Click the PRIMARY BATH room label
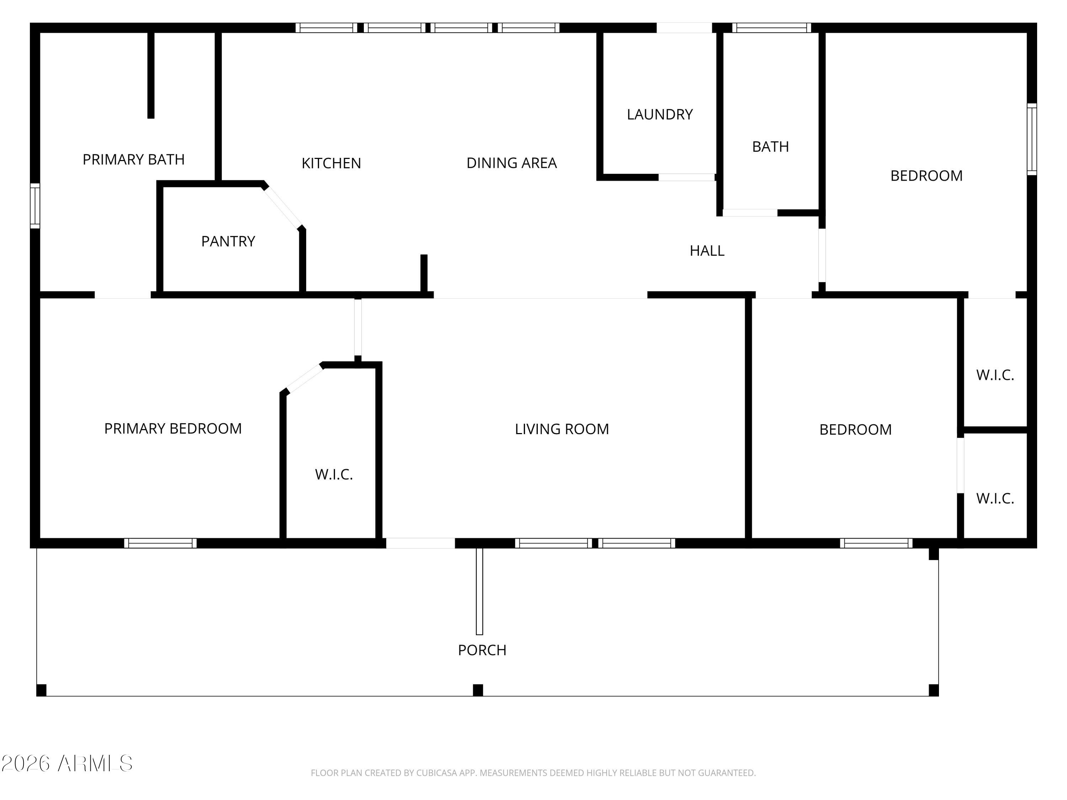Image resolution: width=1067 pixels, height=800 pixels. point(134,160)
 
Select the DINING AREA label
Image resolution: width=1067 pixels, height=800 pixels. point(511,163)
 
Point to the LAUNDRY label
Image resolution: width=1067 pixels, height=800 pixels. point(659,115)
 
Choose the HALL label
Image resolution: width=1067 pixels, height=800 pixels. point(707,251)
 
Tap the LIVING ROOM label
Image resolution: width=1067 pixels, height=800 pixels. point(562,429)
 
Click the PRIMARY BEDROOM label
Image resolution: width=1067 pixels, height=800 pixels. point(173,429)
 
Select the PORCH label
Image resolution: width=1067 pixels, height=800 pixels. point(482,650)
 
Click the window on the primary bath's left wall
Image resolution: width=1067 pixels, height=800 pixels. point(35,206)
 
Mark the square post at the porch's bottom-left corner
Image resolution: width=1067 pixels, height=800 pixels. point(42,690)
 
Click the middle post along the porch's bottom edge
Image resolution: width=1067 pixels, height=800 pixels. point(478,690)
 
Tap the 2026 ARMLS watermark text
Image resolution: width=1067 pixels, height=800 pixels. point(67,763)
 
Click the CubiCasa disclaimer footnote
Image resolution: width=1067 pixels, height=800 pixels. point(533,773)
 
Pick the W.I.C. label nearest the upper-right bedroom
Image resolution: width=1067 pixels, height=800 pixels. point(995,375)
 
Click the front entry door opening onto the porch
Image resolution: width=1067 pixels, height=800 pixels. point(420,543)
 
